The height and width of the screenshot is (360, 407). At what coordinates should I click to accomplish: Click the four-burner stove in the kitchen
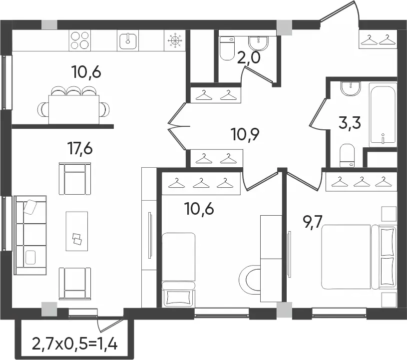(80, 40)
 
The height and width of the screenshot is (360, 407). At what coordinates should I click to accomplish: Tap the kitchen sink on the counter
(128, 40)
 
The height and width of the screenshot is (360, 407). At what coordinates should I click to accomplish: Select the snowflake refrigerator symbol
(175, 40)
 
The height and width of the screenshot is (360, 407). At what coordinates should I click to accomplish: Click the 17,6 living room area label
(80, 149)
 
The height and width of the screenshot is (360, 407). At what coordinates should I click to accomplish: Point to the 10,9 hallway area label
(245, 135)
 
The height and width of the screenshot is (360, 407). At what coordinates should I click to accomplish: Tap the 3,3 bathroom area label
(350, 123)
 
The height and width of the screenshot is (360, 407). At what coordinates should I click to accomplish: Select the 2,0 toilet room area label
(248, 57)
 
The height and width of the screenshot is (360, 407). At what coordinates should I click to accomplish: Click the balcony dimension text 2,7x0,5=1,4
(75, 343)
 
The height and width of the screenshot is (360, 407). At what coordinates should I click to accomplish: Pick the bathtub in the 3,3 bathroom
(383, 115)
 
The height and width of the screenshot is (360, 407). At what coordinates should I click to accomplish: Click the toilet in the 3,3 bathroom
(347, 155)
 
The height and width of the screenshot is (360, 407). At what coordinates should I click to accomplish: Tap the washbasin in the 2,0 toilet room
(258, 43)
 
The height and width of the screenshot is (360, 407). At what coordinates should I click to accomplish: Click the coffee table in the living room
(76, 231)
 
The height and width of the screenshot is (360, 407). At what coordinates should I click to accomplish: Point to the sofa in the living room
(30, 235)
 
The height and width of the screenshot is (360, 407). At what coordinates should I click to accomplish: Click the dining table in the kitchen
(74, 109)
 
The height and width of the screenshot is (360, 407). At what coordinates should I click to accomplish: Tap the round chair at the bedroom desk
(250, 280)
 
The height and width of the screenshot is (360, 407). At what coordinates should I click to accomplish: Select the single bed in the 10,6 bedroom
(179, 270)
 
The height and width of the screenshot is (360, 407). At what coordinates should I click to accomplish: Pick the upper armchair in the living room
(75, 179)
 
